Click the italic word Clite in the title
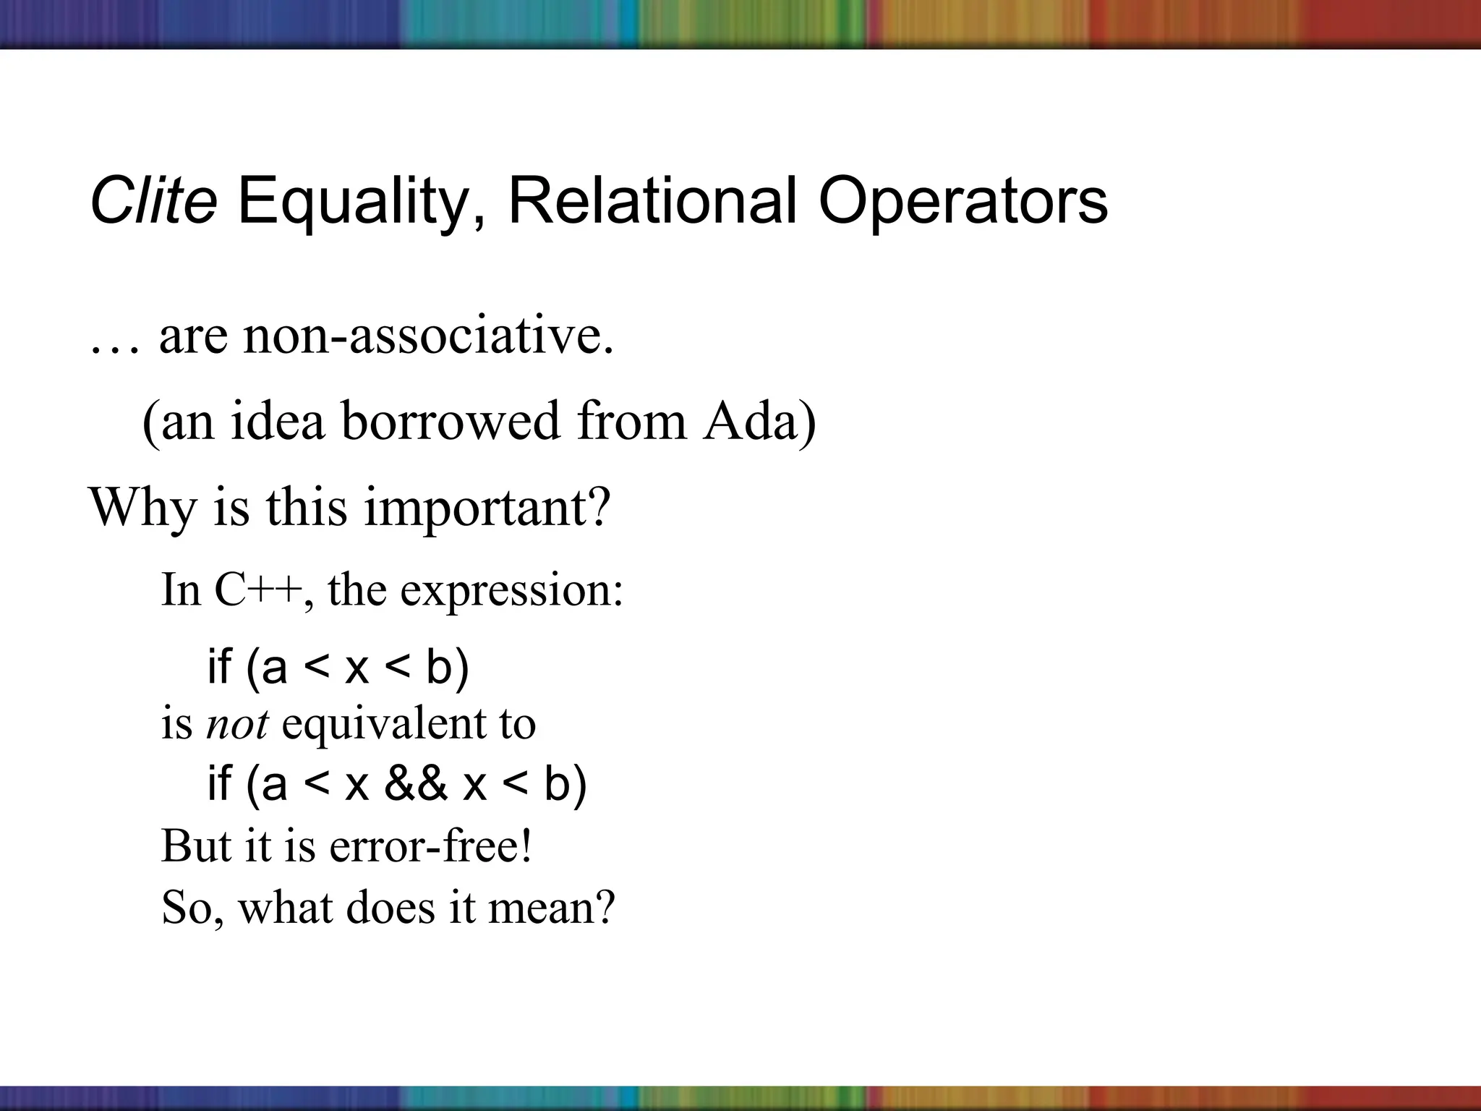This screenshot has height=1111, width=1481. point(153,201)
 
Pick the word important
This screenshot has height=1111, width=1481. point(487,508)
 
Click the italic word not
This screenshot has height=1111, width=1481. point(237,723)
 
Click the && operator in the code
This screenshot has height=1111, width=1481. point(416,784)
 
